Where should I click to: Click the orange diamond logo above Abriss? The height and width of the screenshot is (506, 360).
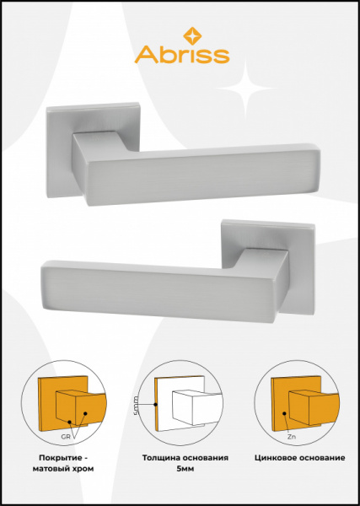click(192, 35)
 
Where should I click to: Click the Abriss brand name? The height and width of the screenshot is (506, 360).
click(182, 55)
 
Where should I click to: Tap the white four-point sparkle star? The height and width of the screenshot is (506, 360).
click(246, 88)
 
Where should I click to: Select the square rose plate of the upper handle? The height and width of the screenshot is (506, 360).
click(93, 150)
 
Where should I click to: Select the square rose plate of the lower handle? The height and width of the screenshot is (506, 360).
click(268, 266)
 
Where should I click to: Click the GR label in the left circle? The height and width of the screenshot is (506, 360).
click(66, 437)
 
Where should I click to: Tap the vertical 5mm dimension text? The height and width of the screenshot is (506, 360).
click(136, 406)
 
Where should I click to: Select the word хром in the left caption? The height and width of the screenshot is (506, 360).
click(84, 469)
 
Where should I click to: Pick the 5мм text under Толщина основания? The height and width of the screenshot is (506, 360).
click(185, 469)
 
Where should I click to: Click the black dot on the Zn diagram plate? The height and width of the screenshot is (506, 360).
click(284, 413)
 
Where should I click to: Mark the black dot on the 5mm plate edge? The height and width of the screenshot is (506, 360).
click(155, 404)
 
